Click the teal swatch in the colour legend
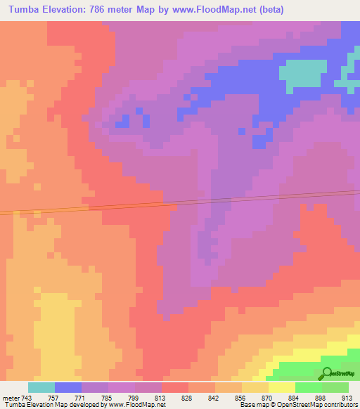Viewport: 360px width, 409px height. click(x=41, y=387)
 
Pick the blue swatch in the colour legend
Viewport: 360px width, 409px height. click(x=68, y=387)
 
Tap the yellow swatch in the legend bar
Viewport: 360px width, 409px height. click(x=282, y=387)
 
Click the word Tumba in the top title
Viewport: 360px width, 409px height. click(x=23, y=8)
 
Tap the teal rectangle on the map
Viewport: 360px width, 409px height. click(x=304, y=71)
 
